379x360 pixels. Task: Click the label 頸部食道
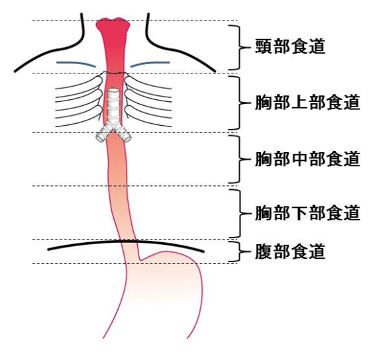click(x=290, y=46)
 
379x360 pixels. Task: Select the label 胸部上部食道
click(x=307, y=103)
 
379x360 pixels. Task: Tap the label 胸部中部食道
click(x=307, y=159)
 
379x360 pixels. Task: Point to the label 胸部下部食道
click(x=307, y=213)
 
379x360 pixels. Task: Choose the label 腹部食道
click(x=290, y=251)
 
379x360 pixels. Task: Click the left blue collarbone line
click(x=76, y=63)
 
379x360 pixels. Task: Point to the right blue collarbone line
click(x=150, y=63)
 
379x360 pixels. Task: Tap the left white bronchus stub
click(x=103, y=133)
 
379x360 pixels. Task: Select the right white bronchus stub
click(x=123, y=133)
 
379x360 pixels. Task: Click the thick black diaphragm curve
click(x=126, y=241)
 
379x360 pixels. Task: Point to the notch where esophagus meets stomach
click(x=140, y=260)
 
